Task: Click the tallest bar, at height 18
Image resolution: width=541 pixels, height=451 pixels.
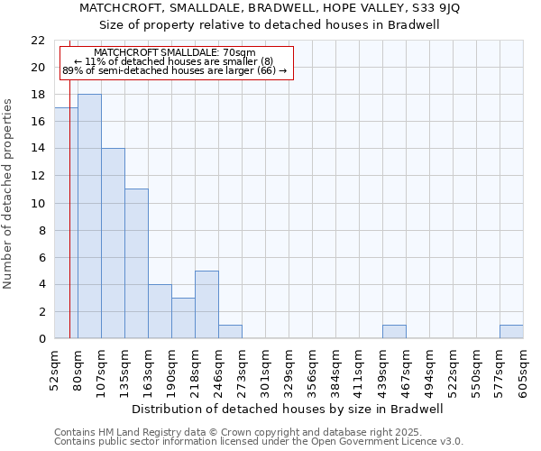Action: (x=89, y=216)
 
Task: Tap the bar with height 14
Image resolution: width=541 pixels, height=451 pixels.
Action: (x=113, y=244)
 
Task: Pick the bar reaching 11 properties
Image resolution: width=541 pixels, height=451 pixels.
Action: (x=136, y=263)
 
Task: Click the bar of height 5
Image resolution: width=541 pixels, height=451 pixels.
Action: (x=206, y=305)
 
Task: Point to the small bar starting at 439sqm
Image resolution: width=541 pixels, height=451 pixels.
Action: (x=394, y=332)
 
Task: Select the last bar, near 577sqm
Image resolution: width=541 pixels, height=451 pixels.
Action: (x=511, y=332)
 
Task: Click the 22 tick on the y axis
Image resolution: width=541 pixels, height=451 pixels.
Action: (x=38, y=41)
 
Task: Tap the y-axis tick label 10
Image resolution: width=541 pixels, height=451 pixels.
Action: (x=38, y=204)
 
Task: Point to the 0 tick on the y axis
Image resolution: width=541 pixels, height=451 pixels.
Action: (x=41, y=339)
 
